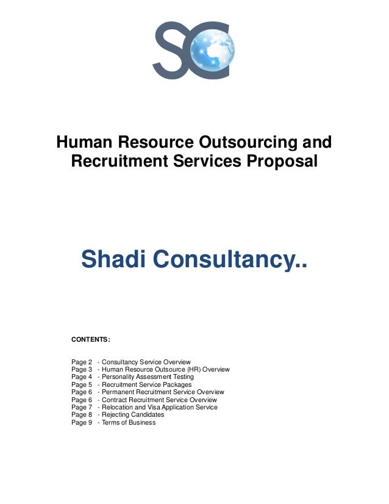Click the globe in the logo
coord(212,49)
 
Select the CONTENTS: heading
coord(91,338)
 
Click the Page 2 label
coord(82,362)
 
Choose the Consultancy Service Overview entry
coord(146,362)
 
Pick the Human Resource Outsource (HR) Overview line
coord(165,369)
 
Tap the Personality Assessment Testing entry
coord(147,377)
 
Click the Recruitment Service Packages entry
coord(146,385)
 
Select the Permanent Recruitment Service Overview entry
coord(163,392)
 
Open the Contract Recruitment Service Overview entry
coord(159,400)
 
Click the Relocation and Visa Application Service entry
coord(159,408)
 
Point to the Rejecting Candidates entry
coord(132,415)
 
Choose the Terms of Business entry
coord(128,422)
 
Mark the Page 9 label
coord(82,422)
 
